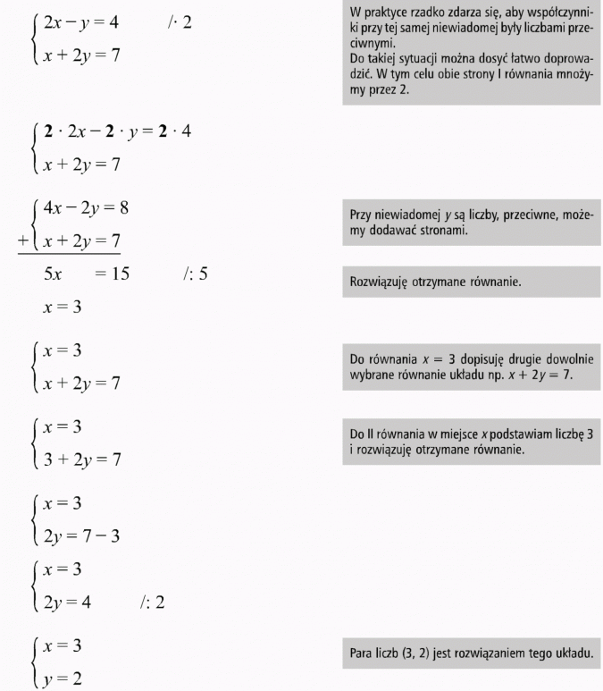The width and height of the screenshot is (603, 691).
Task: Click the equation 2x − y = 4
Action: [80, 21]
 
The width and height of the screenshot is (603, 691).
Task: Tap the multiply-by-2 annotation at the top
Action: [178, 21]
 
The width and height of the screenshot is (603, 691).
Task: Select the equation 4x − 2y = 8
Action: [86, 209]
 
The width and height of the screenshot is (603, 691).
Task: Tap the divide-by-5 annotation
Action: [194, 274]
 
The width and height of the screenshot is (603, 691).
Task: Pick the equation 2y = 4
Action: [68, 602]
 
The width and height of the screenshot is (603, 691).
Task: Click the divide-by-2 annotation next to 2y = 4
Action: [152, 602]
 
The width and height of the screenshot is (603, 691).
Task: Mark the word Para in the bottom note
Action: [360, 653]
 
